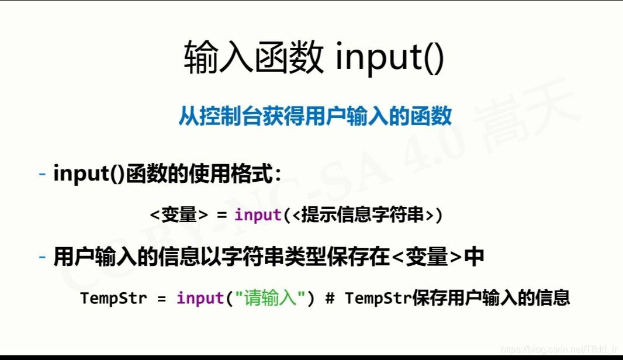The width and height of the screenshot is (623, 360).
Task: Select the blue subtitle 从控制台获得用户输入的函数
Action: [315, 116]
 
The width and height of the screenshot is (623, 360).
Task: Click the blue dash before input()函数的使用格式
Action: [42, 174]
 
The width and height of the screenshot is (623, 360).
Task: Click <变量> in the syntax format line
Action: [179, 215]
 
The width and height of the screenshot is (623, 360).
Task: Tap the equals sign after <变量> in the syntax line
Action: [221, 216]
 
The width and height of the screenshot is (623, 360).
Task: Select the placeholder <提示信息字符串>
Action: [362, 215]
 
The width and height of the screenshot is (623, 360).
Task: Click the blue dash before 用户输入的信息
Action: [42, 257]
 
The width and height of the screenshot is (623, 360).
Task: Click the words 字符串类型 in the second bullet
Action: [274, 257]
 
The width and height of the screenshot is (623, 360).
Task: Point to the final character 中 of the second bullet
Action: [474, 257]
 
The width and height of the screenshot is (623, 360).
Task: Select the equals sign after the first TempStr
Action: [161, 299]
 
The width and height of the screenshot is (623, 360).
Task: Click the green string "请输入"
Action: [269, 298]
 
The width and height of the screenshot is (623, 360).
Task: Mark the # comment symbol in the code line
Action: [330, 298]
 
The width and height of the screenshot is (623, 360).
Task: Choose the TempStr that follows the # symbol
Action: [378, 298]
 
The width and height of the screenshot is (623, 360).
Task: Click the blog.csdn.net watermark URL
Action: [559, 349]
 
